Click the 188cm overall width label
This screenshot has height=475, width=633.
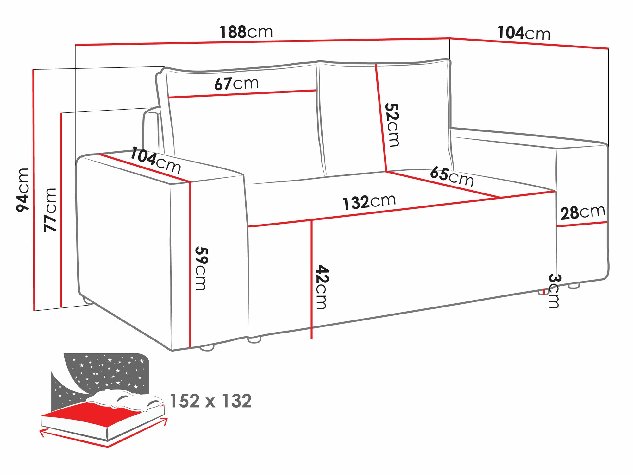(246, 32)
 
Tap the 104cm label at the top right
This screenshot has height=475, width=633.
(524, 33)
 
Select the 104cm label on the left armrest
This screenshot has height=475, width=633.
(155, 160)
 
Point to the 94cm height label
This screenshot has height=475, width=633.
(23, 190)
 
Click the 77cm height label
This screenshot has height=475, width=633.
(50, 210)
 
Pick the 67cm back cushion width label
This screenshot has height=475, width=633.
(236, 84)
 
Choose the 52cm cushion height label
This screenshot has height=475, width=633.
(392, 125)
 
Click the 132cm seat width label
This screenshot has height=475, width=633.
(369, 202)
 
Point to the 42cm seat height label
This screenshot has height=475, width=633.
(322, 287)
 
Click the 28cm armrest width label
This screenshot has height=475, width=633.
(582, 212)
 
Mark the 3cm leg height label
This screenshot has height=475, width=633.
(554, 291)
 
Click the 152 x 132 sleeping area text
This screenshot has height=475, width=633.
(210, 401)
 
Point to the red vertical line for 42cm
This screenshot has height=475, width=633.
(312, 279)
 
